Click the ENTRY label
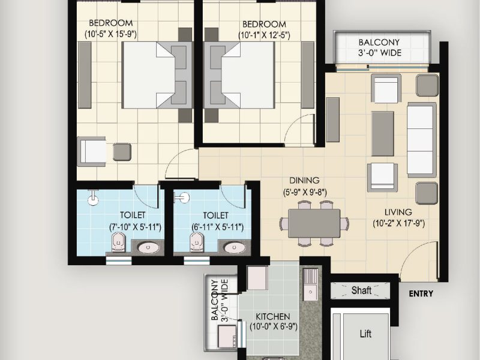[421, 294]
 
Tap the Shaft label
[361, 290]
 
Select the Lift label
[365, 334]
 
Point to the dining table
[314, 223]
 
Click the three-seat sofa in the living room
[422, 140]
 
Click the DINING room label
[304, 181]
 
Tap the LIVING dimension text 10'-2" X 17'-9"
[398, 223]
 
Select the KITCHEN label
[273, 316]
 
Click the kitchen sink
[310, 284]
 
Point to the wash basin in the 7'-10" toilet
[148, 247]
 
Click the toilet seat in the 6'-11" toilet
[197, 242]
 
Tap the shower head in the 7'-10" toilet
[93, 197]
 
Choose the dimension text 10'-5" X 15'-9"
[110, 34]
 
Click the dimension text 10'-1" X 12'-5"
[264, 35]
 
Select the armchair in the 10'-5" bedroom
[92, 151]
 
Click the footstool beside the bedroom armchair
[122, 152]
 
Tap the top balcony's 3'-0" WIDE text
[380, 53]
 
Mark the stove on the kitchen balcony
[227, 336]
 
